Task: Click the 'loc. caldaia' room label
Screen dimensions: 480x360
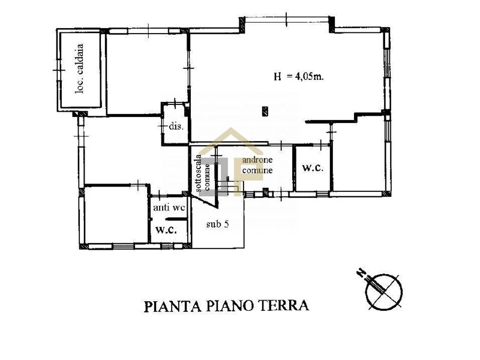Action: (80, 68)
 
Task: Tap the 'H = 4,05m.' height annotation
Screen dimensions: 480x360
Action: (299, 76)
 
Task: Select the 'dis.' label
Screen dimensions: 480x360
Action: (176, 126)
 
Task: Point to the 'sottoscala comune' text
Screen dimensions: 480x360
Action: (203, 173)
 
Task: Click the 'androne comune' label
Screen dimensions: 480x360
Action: (257, 165)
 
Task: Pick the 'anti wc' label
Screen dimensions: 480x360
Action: (169, 208)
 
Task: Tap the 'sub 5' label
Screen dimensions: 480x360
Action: (217, 224)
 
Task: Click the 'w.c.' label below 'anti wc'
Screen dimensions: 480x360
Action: (166, 230)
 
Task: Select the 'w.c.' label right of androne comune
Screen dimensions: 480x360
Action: (313, 167)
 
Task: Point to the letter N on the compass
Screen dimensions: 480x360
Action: (362, 272)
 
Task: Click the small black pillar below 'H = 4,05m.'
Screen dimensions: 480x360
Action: (265, 111)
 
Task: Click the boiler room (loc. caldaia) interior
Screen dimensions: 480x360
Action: (80, 70)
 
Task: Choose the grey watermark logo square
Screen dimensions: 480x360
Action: (216, 176)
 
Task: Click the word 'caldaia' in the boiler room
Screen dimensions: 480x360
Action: (80, 59)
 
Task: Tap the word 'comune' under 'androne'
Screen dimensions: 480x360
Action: (257, 170)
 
